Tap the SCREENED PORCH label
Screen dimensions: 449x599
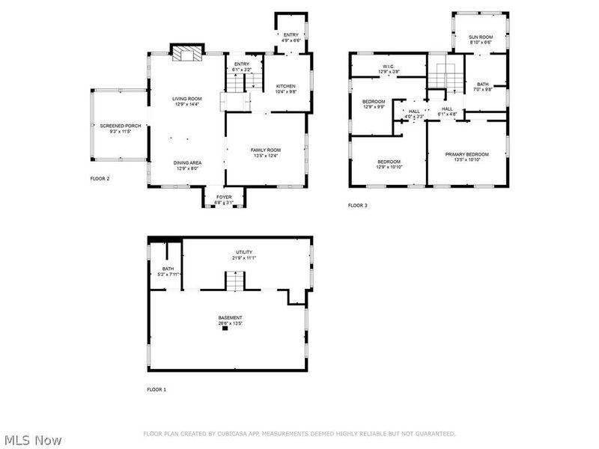point(115,125)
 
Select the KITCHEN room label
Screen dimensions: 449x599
point(285,85)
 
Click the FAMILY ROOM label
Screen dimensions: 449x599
point(265,150)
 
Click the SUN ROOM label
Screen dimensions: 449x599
point(481,37)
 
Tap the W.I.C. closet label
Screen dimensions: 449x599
point(389,66)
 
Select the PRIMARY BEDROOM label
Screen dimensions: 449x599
point(466,154)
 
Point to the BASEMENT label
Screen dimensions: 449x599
point(230,317)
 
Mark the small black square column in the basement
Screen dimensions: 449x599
point(224,329)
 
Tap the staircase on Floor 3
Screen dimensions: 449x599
point(446,76)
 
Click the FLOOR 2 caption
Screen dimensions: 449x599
point(100,179)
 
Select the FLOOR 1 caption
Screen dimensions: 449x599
point(156,390)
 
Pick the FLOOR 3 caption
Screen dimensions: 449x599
point(358,205)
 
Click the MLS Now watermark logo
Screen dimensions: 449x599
point(32,440)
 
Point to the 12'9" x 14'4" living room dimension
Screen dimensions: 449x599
point(187,104)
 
